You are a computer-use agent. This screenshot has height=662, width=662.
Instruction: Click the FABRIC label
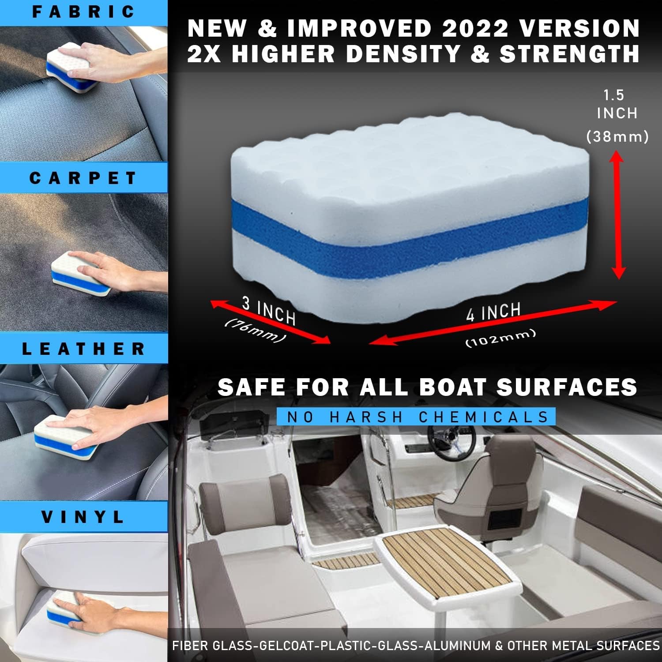click(x=83, y=12)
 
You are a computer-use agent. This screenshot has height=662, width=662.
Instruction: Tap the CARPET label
click(x=83, y=178)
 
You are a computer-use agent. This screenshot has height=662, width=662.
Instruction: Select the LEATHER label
click(x=83, y=349)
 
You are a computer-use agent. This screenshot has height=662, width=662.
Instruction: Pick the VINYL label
click(x=83, y=517)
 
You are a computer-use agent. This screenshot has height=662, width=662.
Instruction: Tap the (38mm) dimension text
click(x=617, y=137)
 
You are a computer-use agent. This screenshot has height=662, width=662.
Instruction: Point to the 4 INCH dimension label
click(x=493, y=312)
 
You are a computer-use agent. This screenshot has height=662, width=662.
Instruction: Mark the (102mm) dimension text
click(x=500, y=338)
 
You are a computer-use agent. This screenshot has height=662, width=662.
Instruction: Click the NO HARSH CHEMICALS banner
click(x=416, y=417)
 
